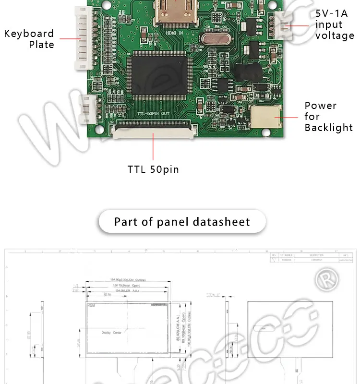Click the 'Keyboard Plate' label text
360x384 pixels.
point(29,39)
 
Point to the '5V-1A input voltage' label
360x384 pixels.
point(334,24)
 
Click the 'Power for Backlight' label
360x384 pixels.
point(328,117)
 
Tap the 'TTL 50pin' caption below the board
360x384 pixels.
point(153,169)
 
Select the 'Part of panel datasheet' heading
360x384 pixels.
point(182,222)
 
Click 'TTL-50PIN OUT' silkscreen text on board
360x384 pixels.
point(153,114)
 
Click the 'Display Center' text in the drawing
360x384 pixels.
point(111,332)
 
